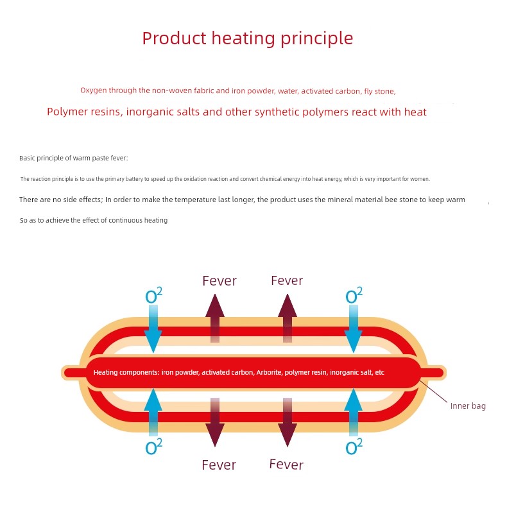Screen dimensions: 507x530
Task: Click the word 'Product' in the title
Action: tap(174, 38)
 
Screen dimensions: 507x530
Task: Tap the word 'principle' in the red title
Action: tap(316, 38)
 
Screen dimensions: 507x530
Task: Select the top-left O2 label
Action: tap(154, 295)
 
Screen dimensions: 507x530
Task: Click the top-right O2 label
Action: tap(354, 295)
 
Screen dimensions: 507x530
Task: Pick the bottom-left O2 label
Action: tap(154, 446)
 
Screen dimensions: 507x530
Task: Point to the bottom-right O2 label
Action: tap(354, 446)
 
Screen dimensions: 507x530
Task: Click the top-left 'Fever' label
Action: tap(219, 281)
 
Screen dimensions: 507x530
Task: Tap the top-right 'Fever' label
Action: tap(287, 280)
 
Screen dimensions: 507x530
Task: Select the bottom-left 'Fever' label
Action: tap(219, 465)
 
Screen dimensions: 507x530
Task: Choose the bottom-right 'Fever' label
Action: tap(286, 465)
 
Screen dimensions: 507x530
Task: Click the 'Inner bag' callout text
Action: tap(468, 406)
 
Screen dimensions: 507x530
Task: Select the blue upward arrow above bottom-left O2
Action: tap(153, 412)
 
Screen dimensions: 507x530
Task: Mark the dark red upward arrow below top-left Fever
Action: tap(215, 318)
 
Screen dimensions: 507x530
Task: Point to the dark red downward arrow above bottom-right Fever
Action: tap(288, 422)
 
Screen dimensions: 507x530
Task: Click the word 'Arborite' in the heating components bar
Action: tap(269, 372)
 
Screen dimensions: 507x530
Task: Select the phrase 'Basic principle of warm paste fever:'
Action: tap(74, 158)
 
